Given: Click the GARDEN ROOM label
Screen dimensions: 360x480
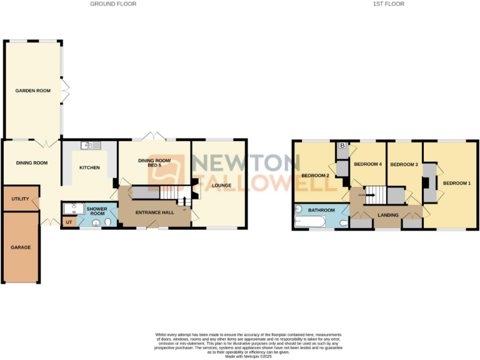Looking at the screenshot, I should pos(33,91).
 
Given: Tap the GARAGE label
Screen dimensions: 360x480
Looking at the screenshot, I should pos(21,247).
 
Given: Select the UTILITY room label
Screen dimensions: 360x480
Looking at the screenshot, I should pos(21,199).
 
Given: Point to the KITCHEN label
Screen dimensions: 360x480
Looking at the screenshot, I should pos(89,167).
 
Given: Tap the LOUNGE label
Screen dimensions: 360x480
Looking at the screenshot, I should pos(222,185).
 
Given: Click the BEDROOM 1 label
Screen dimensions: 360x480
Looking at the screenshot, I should pos(456,183).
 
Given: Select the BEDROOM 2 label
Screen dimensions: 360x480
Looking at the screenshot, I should pos(315,176).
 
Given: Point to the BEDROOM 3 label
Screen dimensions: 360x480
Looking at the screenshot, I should pos(404,164).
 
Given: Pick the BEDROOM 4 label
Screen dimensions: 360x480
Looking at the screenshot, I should pos(367,164).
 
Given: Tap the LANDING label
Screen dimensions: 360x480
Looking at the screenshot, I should pos(389,216).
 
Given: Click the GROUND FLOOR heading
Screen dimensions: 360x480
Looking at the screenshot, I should pos(113,4).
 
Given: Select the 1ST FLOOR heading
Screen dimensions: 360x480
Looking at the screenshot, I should pos(389,4).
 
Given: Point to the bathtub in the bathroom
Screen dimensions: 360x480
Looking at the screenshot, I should pos(309,222).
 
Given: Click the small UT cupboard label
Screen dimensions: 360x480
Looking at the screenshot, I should pos(68,222).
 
